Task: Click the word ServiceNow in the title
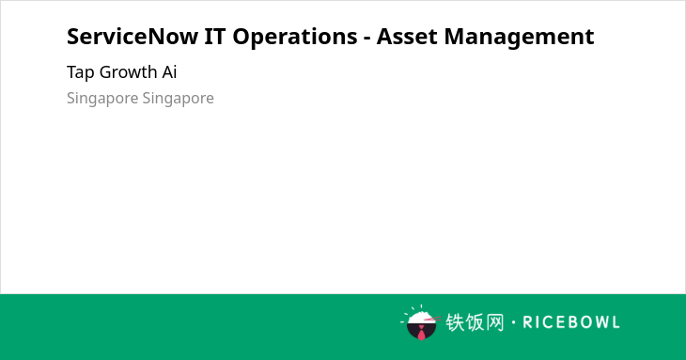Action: (x=133, y=37)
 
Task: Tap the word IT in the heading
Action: (x=215, y=37)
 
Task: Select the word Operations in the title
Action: (x=294, y=38)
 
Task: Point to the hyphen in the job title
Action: (x=367, y=39)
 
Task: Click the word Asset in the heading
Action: (x=407, y=37)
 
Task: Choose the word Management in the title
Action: (x=519, y=38)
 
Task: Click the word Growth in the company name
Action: (x=128, y=71)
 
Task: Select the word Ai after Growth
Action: (x=169, y=71)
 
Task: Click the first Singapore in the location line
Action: (x=102, y=99)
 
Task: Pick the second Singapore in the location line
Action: (x=178, y=99)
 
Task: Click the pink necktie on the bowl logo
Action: (x=421, y=333)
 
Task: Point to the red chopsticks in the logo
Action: (x=432, y=319)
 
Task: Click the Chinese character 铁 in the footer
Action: (x=455, y=322)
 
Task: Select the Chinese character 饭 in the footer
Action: (x=475, y=322)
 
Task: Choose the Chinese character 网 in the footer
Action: (x=494, y=322)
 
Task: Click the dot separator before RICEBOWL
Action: (x=513, y=322)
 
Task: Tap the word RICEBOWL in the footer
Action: (x=571, y=322)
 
